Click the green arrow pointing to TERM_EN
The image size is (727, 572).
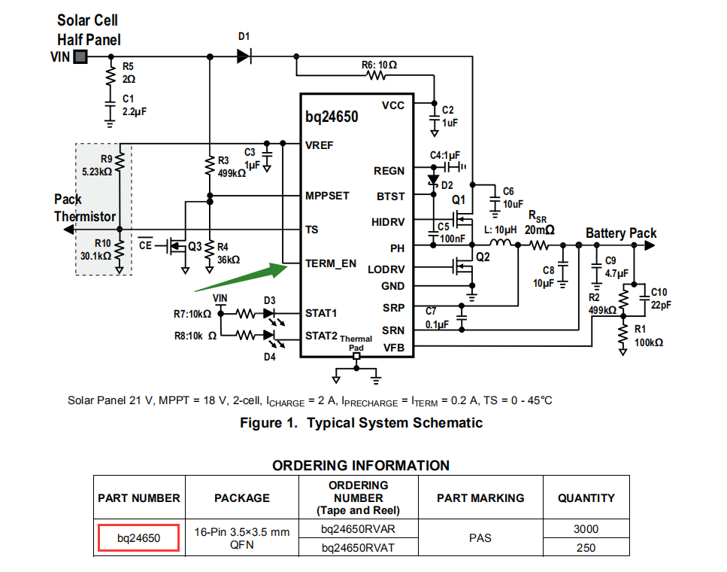click(x=241, y=277)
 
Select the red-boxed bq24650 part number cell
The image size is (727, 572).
click(x=138, y=538)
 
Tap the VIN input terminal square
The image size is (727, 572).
click(x=80, y=57)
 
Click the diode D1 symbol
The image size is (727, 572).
click(x=244, y=56)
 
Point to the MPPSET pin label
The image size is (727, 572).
click(x=327, y=196)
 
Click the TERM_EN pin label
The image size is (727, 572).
click(x=331, y=263)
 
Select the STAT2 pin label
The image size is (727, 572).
click(x=321, y=336)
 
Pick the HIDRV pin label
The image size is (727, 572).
click(x=388, y=222)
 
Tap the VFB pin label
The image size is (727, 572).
click(x=394, y=348)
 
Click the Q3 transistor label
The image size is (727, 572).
click(x=195, y=247)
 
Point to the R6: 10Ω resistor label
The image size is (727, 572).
click(x=379, y=65)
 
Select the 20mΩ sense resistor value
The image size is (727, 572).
click(x=540, y=230)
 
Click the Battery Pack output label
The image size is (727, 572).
click(x=621, y=233)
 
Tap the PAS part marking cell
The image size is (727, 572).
click(x=480, y=538)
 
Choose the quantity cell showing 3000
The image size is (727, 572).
click(x=586, y=529)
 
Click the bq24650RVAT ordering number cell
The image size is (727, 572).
click(x=359, y=548)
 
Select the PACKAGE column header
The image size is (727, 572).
click(x=242, y=497)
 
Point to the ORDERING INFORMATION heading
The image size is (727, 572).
click(x=361, y=465)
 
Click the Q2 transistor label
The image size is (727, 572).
click(x=483, y=257)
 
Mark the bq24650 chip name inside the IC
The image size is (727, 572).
click(x=332, y=117)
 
